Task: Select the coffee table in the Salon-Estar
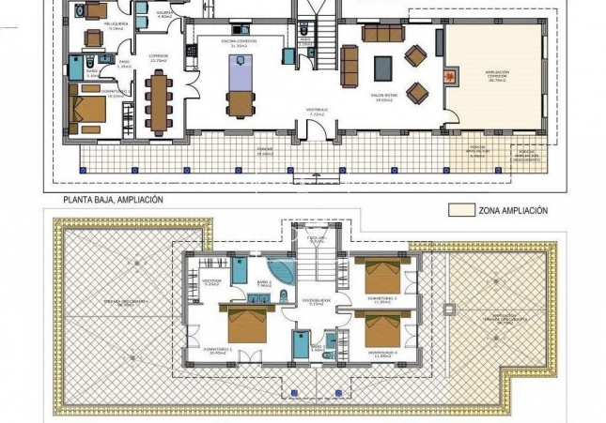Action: [383, 68]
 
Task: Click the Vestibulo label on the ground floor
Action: [316, 112]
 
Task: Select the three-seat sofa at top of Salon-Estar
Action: [382, 34]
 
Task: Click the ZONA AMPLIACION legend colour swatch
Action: [460, 211]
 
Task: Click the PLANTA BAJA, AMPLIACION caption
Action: [114, 200]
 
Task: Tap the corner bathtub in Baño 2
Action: [278, 269]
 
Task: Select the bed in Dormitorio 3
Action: [382, 276]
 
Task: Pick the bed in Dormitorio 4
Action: [382, 331]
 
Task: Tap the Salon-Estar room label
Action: [386, 97]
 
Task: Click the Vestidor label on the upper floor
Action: [210, 280]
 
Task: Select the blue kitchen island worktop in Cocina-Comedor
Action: [239, 71]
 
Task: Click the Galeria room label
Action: [163, 15]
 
